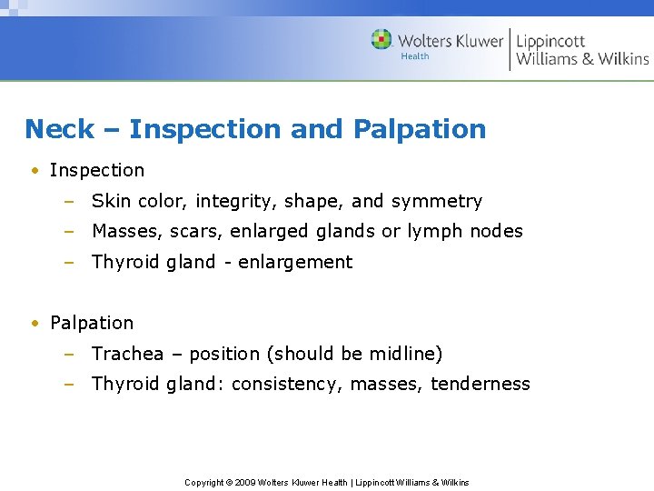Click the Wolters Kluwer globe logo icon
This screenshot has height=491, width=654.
pos(381,39)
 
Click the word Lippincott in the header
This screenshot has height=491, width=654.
pos(550,41)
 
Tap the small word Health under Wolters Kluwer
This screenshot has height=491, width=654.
pos(415,56)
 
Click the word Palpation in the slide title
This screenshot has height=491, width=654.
pos(420,129)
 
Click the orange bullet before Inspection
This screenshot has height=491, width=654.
pos(34,171)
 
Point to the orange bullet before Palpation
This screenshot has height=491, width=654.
pos(34,324)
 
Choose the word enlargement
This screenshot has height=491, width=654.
pos(295,262)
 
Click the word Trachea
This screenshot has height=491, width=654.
pos(127,354)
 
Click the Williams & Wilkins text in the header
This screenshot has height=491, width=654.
pos(582,59)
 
